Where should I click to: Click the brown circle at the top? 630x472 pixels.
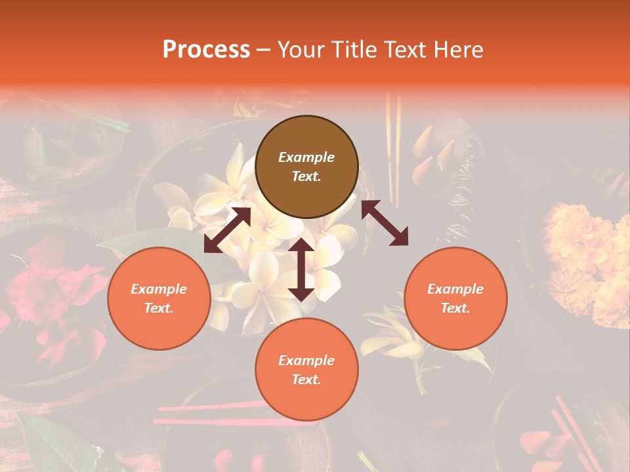click(306, 167)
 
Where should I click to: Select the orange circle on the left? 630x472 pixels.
click(159, 298)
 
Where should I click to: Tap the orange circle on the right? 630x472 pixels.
click(455, 298)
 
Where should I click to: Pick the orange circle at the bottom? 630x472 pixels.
click(306, 370)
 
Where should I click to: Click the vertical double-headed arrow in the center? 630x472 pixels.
click(301, 269)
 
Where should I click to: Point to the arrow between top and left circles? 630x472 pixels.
click(227, 230)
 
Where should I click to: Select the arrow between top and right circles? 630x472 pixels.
click(385, 223)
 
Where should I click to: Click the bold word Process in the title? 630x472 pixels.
click(206, 49)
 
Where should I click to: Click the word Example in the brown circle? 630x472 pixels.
click(306, 157)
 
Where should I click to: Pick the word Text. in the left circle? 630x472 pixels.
click(159, 308)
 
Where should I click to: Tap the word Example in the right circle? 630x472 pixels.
click(455, 289)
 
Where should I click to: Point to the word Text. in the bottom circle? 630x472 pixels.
click(306, 380)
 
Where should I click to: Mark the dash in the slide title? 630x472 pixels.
click(264, 50)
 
